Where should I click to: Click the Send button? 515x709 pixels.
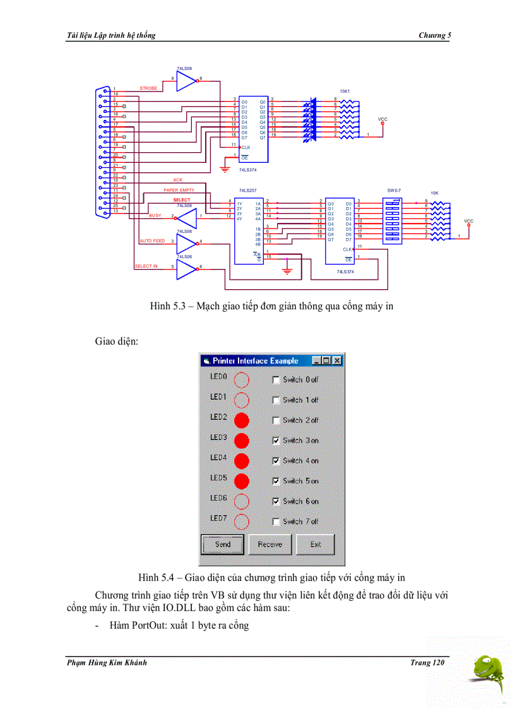222,544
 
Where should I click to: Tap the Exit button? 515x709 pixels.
315,544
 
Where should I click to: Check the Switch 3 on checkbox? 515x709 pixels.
275,440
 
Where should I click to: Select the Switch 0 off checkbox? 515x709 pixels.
275,379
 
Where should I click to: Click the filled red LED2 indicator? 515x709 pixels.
242,420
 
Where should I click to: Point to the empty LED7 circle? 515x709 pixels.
242,521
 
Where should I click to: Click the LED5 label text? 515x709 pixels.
218,478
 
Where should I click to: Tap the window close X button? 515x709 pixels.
337,360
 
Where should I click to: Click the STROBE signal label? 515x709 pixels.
148,88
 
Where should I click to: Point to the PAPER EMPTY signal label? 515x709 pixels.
179,190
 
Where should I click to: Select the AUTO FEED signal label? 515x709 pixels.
152,241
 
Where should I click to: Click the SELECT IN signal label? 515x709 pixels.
146,266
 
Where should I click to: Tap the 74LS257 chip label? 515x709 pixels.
248,190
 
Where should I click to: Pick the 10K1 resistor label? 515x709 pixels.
345,91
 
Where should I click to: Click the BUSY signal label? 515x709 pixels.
155,216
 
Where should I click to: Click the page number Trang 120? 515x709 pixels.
430,662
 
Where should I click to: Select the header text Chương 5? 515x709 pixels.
435,35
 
